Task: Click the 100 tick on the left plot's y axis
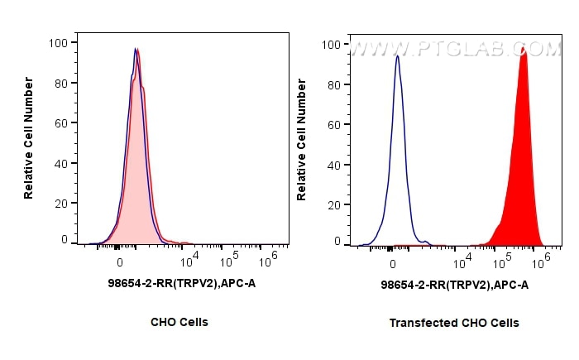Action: (60, 41)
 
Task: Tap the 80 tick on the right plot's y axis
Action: (335, 84)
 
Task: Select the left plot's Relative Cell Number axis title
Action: (29, 137)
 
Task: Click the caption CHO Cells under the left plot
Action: (179, 322)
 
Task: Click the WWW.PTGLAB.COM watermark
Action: (455, 50)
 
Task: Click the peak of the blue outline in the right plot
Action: (398, 55)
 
